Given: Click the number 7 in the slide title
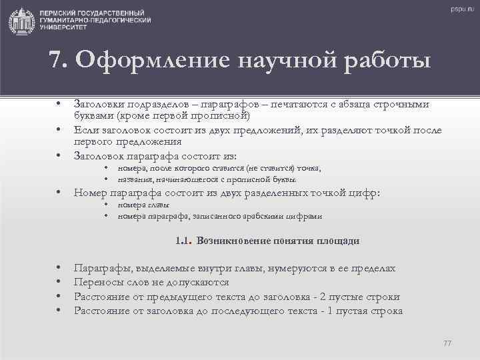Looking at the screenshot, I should [x=57, y=62].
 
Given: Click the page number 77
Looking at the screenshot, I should [x=447, y=343].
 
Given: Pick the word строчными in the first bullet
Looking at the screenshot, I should [x=401, y=105].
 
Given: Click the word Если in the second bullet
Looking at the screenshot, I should [x=85, y=130].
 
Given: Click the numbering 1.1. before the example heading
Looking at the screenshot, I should [x=183, y=241].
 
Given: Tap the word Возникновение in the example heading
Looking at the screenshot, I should [x=231, y=241].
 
